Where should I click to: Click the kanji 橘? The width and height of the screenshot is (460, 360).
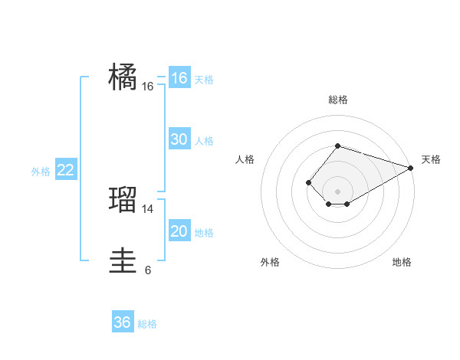pyautogui.click(x=123, y=77)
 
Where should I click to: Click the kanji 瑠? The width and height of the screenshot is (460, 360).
pyautogui.click(x=123, y=200)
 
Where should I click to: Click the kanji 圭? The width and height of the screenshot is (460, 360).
pyautogui.click(x=123, y=260)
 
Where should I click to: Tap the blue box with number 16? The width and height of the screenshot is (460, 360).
pyautogui.click(x=179, y=78)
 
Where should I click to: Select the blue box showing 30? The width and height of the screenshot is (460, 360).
pyautogui.click(x=179, y=139)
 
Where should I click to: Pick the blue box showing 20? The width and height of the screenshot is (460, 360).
pyautogui.click(x=179, y=231)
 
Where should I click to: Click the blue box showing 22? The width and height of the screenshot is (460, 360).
pyautogui.click(x=66, y=170)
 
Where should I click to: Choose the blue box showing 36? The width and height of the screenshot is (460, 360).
pyautogui.click(x=123, y=322)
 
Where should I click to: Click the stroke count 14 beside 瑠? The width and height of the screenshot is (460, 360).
pyautogui.click(x=148, y=208)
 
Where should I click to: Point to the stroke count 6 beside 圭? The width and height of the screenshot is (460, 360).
pyautogui.click(x=148, y=270)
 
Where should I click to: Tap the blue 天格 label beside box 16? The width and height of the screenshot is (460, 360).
pyautogui.click(x=204, y=80)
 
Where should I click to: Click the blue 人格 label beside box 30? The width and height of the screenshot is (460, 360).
pyautogui.click(x=204, y=141)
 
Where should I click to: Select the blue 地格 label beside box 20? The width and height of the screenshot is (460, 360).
pyautogui.click(x=204, y=233)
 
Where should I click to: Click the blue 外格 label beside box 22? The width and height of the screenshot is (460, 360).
pyautogui.click(x=41, y=172)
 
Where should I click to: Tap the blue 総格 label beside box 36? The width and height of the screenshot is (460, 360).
pyautogui.click(x=147, y=324)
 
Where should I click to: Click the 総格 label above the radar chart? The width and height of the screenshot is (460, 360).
pyautogui.click(x=337, y=100)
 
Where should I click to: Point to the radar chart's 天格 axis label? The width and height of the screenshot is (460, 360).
pyautogui.click(x=431, y=159)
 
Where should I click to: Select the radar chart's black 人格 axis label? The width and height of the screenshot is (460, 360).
pyautogui.click(x=245, y=159)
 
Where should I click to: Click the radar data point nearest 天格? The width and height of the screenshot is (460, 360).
pyautogui.click(x=412, y=169)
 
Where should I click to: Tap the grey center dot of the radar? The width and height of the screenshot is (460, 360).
pyautogui.click(x=337, y=191)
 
